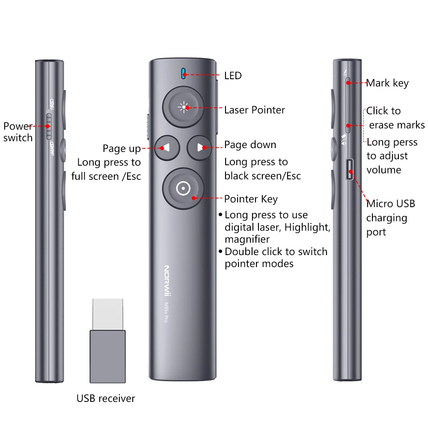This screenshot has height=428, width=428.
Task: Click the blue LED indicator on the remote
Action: click(183, 73)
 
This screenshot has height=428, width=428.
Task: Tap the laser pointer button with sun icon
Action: click(183, 107)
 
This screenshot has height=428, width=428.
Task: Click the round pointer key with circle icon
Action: click(183, 188)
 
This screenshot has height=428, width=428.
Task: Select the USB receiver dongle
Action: click(107, 340)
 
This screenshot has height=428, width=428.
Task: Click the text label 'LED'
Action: click(233, 76)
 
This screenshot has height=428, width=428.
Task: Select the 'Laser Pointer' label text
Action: click(254, 110)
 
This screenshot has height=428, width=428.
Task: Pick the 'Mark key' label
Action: click(387, 83)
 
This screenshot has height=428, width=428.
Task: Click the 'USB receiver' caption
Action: click(106, 398)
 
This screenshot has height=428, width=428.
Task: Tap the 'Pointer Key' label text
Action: click(251, 199)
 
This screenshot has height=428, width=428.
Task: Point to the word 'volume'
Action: click(384, 170)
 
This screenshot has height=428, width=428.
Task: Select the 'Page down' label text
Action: click(250, 145)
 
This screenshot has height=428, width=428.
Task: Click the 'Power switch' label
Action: click(18, 132)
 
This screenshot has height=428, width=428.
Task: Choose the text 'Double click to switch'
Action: click(276, 252)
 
